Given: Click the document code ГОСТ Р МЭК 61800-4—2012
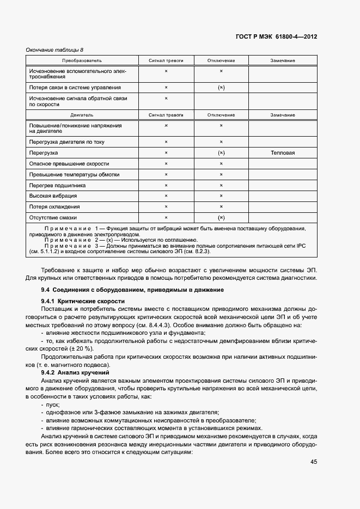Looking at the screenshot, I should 276,37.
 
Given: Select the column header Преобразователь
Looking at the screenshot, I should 82,60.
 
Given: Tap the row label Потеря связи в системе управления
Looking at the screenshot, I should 75,87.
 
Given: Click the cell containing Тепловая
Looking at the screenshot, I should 283,153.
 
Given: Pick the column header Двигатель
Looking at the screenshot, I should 82,115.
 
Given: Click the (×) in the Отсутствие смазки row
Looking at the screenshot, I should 221,217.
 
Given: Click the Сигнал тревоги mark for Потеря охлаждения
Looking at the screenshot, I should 166,207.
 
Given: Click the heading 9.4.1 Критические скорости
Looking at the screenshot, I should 83,301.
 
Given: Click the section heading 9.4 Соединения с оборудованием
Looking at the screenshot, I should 129,289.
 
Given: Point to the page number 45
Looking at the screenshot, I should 314,462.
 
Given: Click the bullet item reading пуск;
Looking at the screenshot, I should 53,405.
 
